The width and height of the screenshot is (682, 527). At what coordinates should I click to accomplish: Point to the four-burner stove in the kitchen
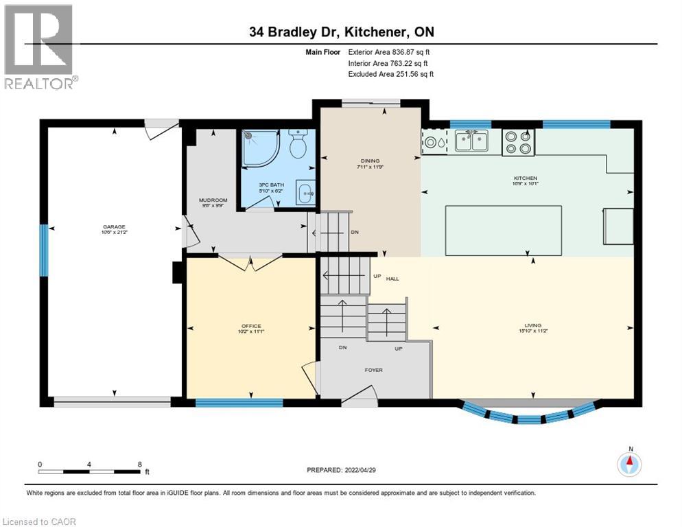pos(518,141)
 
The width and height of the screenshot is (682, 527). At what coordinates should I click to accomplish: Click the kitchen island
pos(504,231)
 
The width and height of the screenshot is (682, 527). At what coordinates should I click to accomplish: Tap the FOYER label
pos(373,370)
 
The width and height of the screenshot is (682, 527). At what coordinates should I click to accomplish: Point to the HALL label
pos(392,279)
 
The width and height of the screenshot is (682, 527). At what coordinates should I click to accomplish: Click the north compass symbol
pos(629,464)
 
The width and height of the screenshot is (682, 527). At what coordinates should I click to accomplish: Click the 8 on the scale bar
pos(140,464)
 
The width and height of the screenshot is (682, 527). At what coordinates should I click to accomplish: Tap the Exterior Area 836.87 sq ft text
pos(389,51)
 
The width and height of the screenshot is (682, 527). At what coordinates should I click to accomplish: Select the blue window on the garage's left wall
pos(44,251)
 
